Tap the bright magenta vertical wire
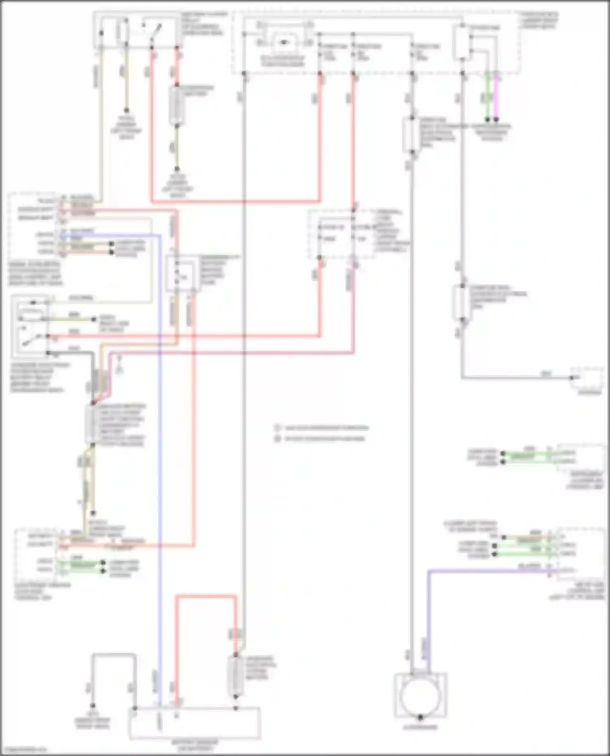[496, 97]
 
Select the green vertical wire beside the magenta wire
[487, 97]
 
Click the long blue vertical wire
[159, 447]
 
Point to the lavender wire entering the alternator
[428, 622]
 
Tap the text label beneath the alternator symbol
[420, 728]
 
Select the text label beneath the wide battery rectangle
[194, 745]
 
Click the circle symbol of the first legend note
[277, 428]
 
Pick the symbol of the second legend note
[277, 439]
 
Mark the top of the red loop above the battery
[206, 596]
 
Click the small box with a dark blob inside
[283, 42]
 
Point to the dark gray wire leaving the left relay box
[81, 353]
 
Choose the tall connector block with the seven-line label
[91, 425]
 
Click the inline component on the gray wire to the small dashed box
[461, 303]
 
